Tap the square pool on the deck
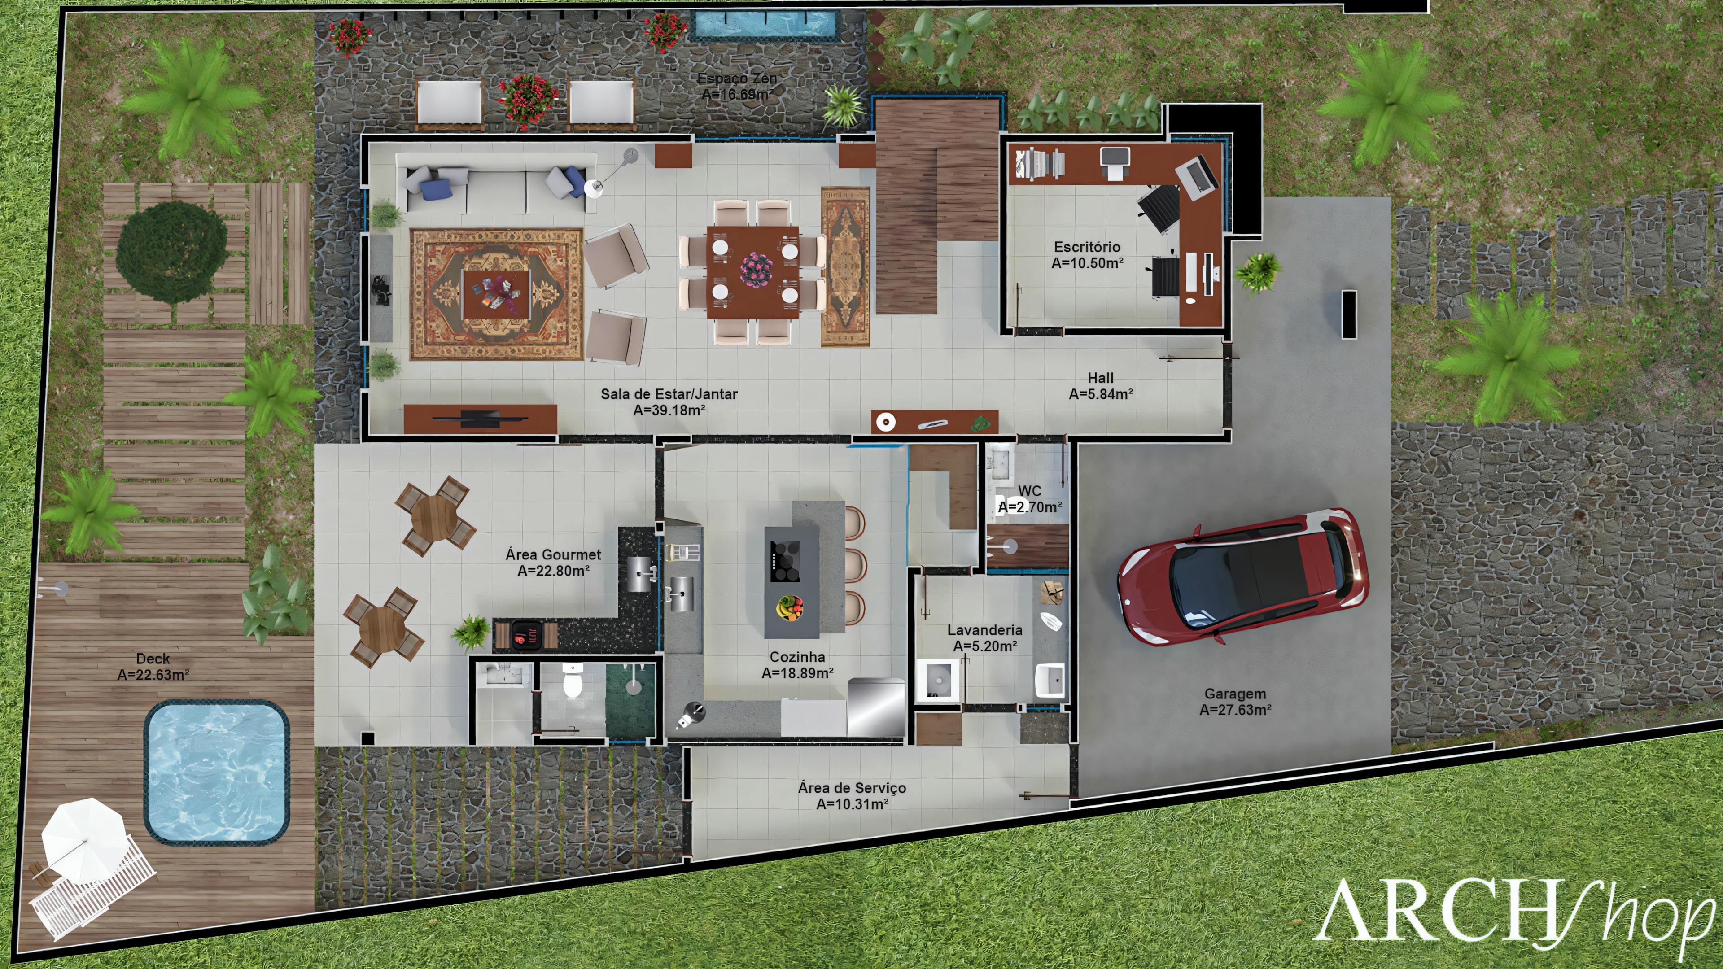tap(217, 771)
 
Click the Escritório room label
tap(1087, 247)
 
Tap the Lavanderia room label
tap(984, 630)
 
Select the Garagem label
tap(1235, 694)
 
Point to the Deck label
tap(153, 659)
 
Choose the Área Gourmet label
tap(553, 554)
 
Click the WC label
tap(1029, 491)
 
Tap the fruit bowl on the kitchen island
tap(790, 607)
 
